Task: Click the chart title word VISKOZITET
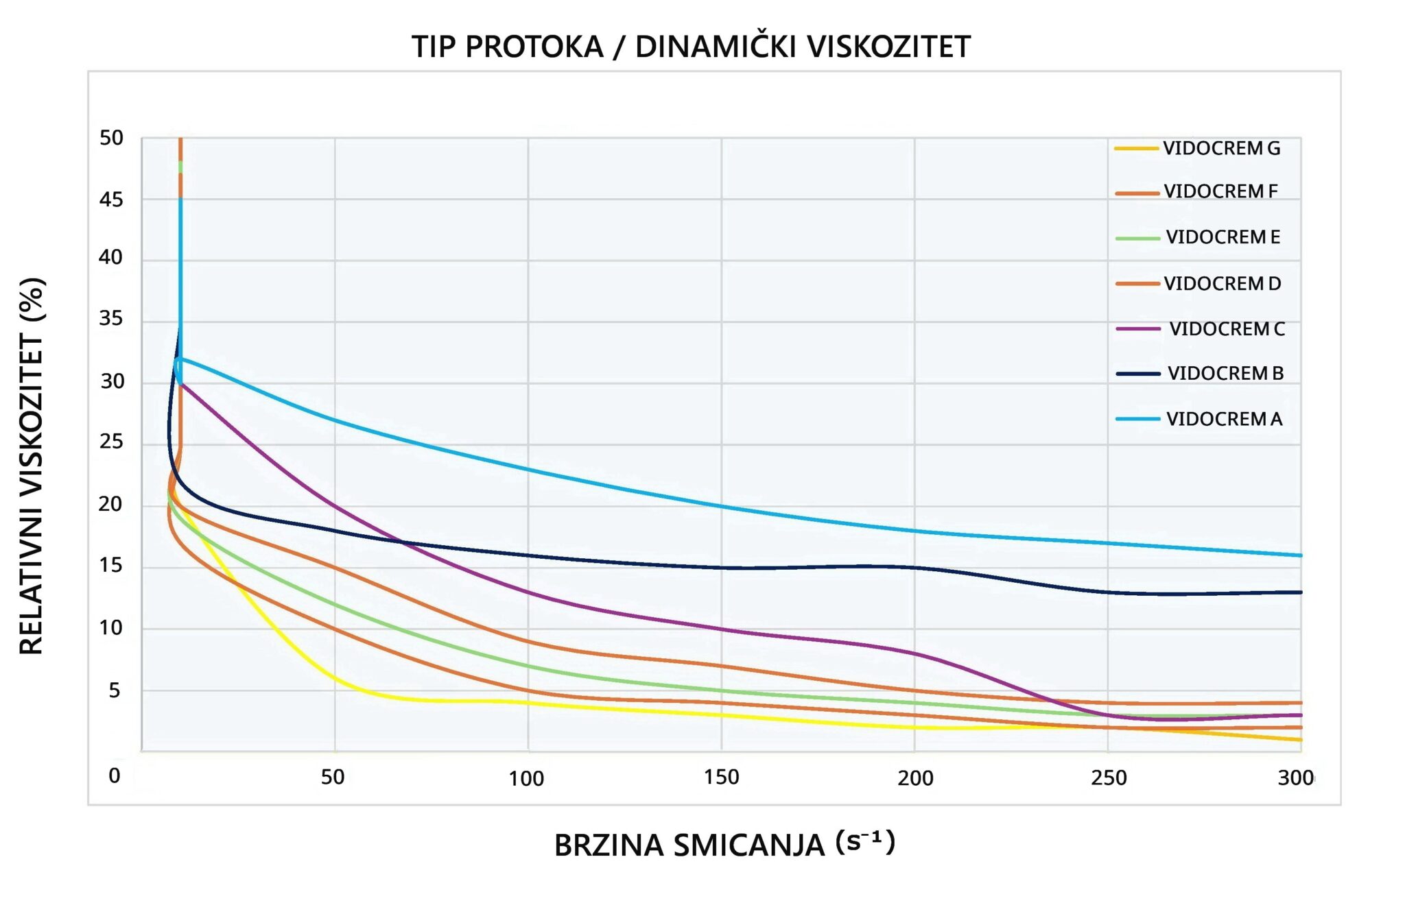pos(888,47)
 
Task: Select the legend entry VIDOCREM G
pos(1221,148)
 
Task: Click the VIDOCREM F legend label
pos(1220,191)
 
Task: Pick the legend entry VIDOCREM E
pos(1223,237)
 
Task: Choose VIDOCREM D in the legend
pos(1222,283)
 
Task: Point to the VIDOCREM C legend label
pos(1227,329)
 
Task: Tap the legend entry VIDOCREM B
pos(1225,374)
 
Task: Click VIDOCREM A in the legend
pos(1224,419)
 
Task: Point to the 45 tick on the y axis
pos(111,200)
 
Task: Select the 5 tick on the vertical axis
pos(115,690)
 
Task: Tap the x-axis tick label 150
pos(721,778)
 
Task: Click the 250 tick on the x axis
pos(1109,778)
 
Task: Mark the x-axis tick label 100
pos(526,779)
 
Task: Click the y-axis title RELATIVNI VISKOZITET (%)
pos(32,466)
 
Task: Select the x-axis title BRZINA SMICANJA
pos(689,845)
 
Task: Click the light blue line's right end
pos(1301,555)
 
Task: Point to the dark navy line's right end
pos(1301,592)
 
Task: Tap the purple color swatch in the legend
pos(1137,329)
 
